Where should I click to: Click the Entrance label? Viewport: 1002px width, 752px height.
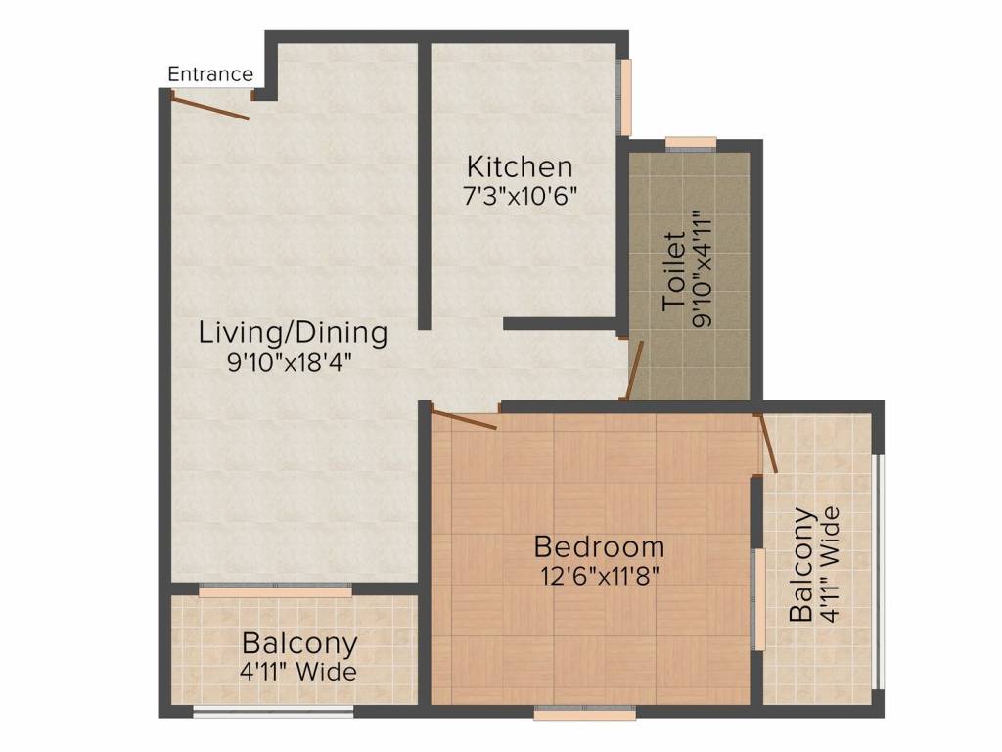pos(210,74)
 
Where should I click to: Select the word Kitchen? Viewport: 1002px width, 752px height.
pos(520,166)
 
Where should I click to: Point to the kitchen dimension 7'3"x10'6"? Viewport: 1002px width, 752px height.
pos(521,196)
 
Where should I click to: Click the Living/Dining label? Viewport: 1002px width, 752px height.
pos(294,333)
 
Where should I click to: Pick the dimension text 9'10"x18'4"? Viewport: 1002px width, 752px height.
pos(290,363)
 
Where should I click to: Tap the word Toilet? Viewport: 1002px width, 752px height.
pos(674,272)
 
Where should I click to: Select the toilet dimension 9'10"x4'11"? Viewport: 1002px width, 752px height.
pos(702,270)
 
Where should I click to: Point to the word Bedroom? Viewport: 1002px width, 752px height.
pos(600,547)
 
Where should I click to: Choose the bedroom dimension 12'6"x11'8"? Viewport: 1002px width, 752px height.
pos(600,577)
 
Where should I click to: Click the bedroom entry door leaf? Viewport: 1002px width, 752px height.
pos(464,420)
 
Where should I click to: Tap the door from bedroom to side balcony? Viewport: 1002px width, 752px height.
pos(767,444)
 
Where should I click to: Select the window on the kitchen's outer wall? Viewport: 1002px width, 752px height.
pos(625,97)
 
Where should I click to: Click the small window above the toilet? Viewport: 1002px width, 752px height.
pos(691,143)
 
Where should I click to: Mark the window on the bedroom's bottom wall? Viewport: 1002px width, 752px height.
pos(585,711)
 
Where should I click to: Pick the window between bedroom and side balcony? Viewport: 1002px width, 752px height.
pos(758,599)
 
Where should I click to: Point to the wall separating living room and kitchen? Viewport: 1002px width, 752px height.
pos(424,186)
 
